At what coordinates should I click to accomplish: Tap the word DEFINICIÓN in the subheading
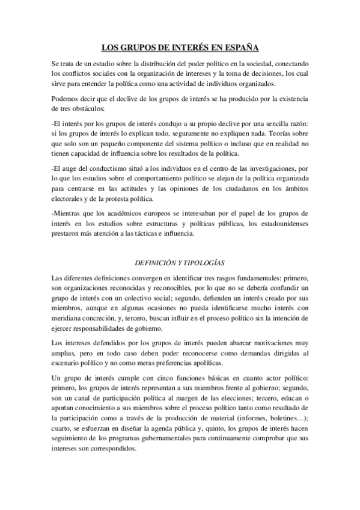tap(154, 263)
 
